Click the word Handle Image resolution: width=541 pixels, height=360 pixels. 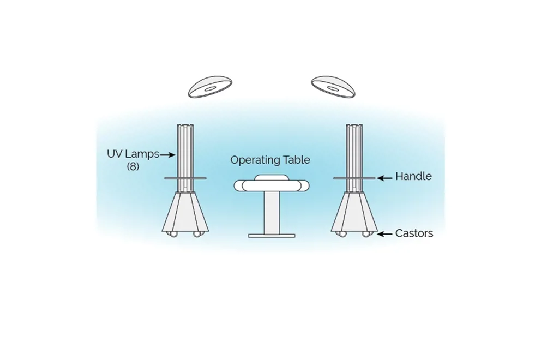click(x=413, y=176)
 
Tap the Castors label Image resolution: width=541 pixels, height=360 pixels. click(x=414, y=233)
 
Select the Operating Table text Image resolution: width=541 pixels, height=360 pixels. click(x=270, y=160)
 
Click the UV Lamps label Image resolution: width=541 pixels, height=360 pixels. click(x=133, y=154)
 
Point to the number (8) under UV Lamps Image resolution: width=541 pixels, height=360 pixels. click(x=133, y=166)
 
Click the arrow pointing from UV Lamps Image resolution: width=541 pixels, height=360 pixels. click(x=167, y=155)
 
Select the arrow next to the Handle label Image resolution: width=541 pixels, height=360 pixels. click(x=384, y=178)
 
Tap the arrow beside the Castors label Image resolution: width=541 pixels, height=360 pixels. click(x=384, y=233)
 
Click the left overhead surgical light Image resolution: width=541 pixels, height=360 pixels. click(x=210, y=87)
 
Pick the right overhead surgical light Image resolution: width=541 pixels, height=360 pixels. click(x=333, y=87)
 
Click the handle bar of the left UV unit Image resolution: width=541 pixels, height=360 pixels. click(x=185, y=178)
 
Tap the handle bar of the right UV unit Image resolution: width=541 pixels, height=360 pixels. click(x=354, y=178)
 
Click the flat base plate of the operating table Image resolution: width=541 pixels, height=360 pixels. click(x=272, y=236)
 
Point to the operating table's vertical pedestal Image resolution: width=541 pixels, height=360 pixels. click(x=272, y=213)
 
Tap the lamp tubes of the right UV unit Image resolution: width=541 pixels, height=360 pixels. click(x=354, y=158)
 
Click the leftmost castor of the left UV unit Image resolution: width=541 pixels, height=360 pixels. click(x=171, y=234)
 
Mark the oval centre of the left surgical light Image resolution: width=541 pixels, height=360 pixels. click(x=209, y=89)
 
